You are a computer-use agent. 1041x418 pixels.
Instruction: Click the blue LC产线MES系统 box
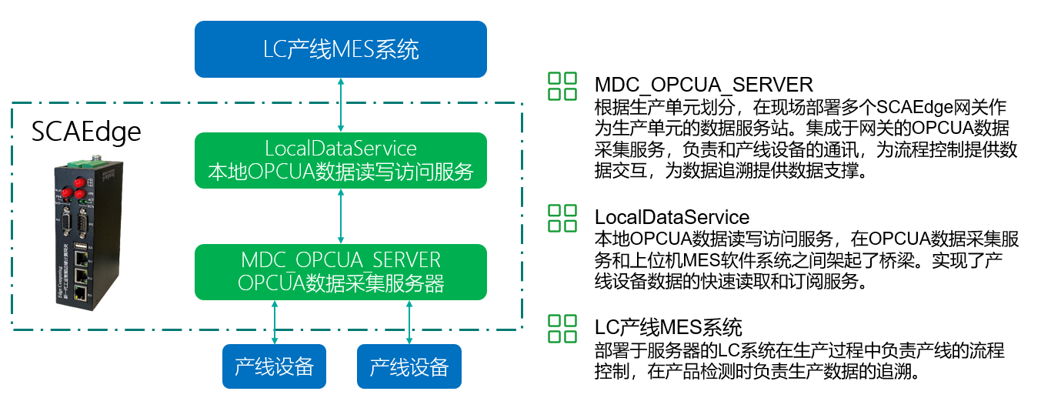click(x=341, y=49)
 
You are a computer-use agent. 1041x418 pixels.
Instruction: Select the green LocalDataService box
click(x=341, y=160)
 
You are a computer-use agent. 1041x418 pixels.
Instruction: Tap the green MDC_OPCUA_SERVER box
click(x=341, y=271)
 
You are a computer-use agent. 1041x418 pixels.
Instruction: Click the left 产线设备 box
click(x=275, y=366)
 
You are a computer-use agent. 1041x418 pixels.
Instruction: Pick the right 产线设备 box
click(x=409, y=366)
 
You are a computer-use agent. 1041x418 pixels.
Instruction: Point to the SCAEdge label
click(x=86, y=132)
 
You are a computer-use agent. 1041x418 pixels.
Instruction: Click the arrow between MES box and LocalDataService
click(x=341, y=105)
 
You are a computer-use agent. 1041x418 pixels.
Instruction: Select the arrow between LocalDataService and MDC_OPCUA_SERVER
click(x=341, y=216)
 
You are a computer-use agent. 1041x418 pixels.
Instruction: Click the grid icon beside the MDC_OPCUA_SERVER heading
click(x=562, y=86)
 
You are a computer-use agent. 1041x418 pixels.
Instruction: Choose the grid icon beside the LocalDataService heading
click(x=562, y=219)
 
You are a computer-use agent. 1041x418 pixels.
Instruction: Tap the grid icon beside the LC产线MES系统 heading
click(x=562, y=328)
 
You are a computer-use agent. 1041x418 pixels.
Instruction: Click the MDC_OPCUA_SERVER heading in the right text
click(x=703, y=84)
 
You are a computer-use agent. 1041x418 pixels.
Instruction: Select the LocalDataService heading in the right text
click(x=672, y=217)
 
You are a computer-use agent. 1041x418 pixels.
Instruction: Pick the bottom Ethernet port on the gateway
click(x=79, y=293)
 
